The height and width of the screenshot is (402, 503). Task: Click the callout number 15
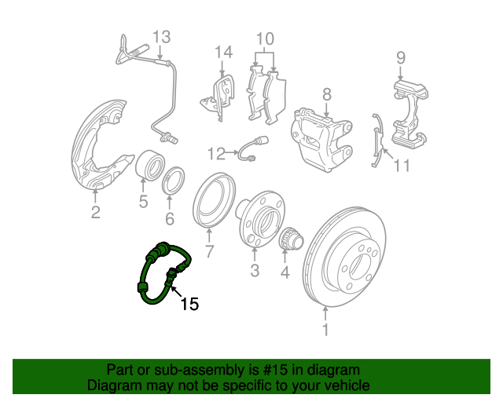click(190, 304)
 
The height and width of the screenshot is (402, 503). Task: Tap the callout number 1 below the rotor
click(325, 330)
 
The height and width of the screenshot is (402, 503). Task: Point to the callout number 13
click(161, 37)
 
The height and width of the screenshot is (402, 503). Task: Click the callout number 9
click(401, 57)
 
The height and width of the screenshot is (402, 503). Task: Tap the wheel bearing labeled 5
click(150, 166)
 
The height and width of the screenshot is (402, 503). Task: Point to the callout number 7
click(209, 251)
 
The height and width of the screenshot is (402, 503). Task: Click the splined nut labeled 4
click(292, 240)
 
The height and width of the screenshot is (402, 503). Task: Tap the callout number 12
click(216, 154)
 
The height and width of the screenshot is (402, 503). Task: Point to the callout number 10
click(265, 38)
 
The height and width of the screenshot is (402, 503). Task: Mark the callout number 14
click(223, 52)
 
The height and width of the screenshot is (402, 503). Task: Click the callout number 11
click(402, 166)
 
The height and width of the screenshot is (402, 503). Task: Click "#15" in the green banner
click(276, 370)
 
